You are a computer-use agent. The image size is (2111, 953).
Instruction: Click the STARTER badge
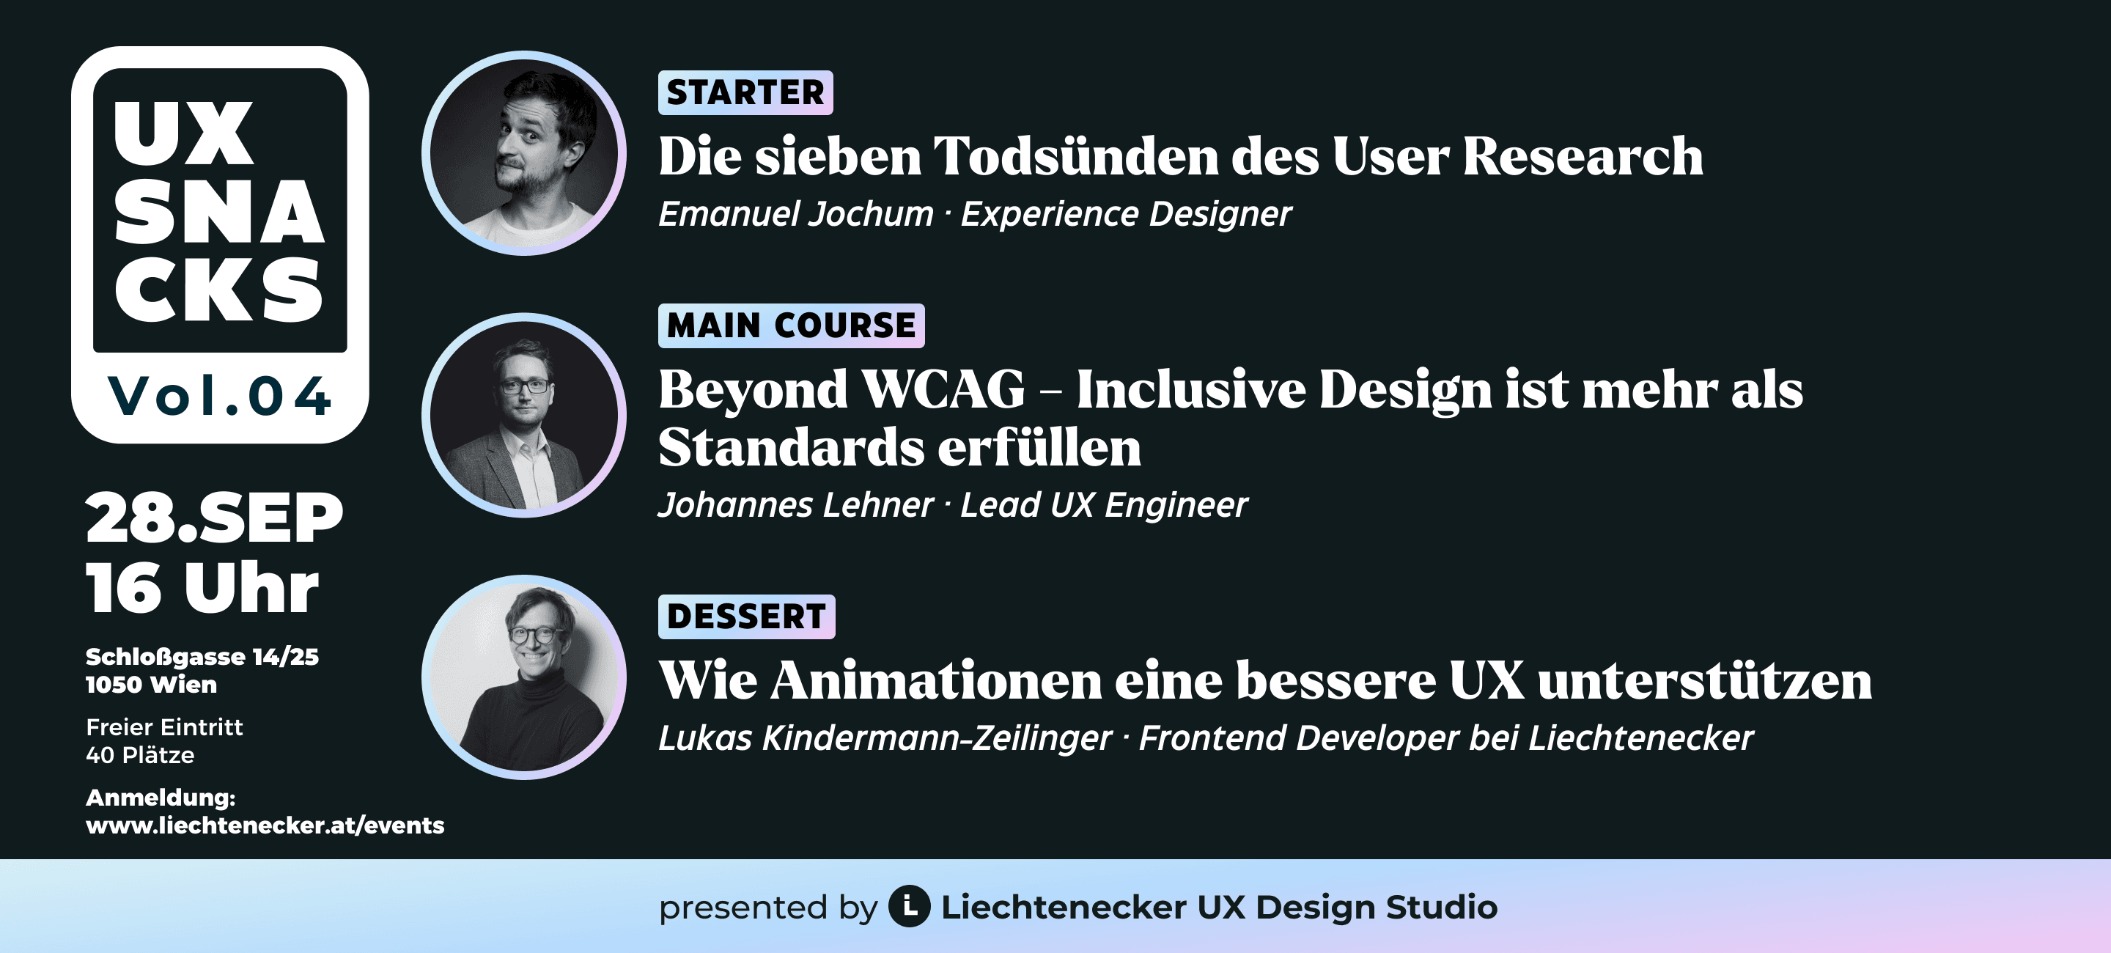point(745,92)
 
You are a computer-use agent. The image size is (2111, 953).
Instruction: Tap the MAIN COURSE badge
point(791,325)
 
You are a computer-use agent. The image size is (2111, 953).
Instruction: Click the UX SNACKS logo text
point(219,210)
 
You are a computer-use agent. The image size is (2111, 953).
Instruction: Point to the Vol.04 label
point(219,396)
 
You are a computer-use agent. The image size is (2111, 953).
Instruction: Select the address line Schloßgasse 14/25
point(202,657)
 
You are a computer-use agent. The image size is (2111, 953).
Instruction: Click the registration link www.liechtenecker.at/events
point(265,825)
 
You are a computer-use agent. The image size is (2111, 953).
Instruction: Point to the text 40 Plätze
point(140,754)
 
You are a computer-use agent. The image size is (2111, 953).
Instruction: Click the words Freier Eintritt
point(164,726)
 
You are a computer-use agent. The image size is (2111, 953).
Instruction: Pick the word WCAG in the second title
point(943,389)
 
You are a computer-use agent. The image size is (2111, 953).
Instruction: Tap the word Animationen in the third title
point(937,680)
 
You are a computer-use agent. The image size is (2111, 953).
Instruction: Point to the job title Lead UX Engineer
point(1104,505)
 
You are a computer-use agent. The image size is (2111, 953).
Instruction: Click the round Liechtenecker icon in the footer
point(910,906)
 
